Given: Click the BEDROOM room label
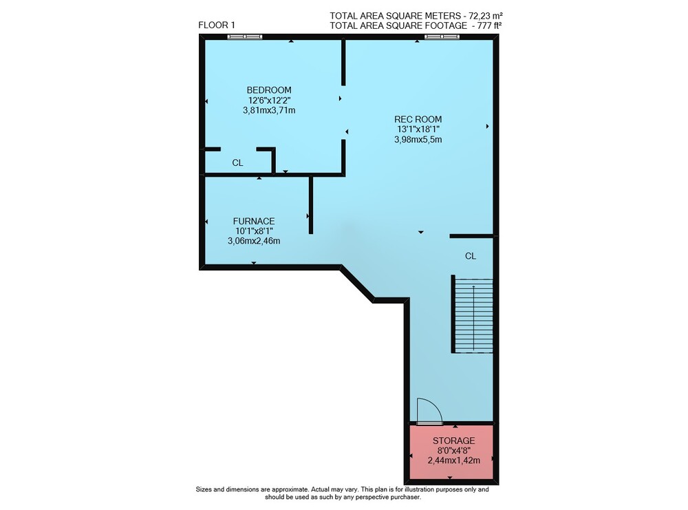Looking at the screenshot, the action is [269, 90].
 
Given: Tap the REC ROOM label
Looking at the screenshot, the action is [418, 119].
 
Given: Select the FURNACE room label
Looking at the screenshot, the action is [254, 221].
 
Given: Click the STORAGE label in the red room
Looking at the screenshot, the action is [453, 440].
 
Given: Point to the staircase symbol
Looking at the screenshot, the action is [473, 315].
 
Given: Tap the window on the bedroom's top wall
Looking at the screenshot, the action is [245, 37].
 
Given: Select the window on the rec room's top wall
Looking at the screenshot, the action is [442, 37].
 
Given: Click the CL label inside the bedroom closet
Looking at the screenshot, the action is [237, 163].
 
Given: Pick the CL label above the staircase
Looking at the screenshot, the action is [471, 256].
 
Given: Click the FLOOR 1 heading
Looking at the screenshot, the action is [216, 25].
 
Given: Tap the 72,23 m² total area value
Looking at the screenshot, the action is [487, 16].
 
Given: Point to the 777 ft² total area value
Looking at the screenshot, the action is [487, 25].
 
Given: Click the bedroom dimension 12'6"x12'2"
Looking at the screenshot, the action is [269, 100].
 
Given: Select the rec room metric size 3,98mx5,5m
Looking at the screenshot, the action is [418, 140].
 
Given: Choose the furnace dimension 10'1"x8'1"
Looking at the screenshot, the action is [254, 231].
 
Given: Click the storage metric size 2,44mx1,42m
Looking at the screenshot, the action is [453, 460].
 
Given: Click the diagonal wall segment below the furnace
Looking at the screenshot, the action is [357, 284].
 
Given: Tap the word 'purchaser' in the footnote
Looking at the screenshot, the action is [407, 498].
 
